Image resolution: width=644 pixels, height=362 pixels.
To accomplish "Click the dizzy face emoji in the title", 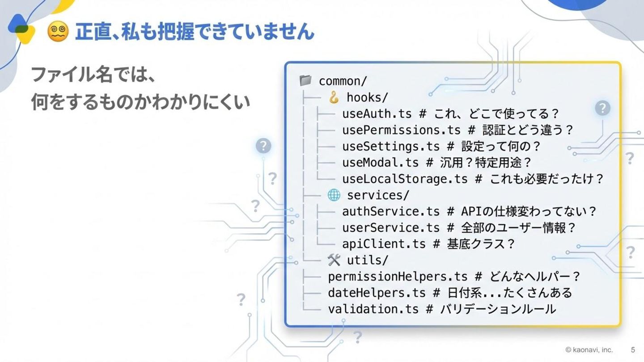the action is click(x=58, y=32).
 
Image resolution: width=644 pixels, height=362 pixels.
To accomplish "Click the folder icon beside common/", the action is click(x=305, y=81).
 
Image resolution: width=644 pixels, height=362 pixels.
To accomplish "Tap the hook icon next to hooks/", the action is click(x=334, y=97).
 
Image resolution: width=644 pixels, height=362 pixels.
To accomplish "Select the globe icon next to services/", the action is click(x=334, y=195).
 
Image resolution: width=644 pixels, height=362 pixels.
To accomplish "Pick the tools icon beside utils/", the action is click(x=334, y=260).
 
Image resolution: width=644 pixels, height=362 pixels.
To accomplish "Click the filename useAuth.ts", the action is click(x=377, y=114).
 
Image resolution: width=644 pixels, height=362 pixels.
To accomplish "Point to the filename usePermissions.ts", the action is click(x=401, y=130).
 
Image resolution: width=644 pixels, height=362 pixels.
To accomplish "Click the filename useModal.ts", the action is click(x=380, y=162).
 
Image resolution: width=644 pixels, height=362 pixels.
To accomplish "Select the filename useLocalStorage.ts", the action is click(x=405, y=179).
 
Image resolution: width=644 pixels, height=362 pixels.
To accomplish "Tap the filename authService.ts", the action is click(x=391, y=211).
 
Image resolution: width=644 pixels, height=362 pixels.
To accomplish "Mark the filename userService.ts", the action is click(x=391, y=227).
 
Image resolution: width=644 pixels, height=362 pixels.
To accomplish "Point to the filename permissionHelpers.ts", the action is click(x=398, y=277).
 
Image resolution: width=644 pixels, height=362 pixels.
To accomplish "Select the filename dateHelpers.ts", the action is click(x=377, y=293).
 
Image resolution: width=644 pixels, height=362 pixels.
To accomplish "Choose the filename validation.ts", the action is click(x=373, y=309).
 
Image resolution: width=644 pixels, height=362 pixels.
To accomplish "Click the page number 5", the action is click(x=633, y=349).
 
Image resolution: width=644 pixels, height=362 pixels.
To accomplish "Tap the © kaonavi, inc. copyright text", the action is click(x=589, y=349).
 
